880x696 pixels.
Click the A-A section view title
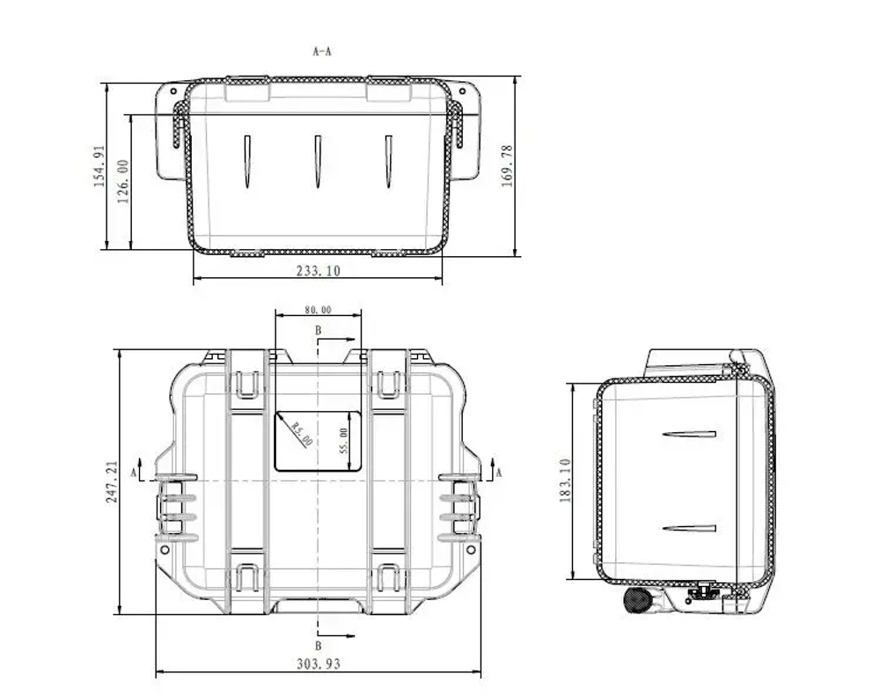coord(322,52)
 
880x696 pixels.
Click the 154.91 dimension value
coord(99,165)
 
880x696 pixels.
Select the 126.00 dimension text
coord(123,180)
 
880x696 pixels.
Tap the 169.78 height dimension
coord(506,165)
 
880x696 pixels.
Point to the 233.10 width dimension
coord(318,272)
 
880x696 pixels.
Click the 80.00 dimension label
coord(318,310)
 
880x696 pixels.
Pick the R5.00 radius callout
coord(302,434)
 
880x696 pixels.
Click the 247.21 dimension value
coord(112,481)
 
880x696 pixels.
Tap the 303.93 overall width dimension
coord(318,664)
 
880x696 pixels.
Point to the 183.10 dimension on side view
coord(565,480)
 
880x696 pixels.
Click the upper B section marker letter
coord(319,329)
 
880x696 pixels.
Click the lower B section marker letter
coord(319,646)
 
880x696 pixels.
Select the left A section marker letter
coord(133,473)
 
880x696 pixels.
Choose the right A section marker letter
coord(499,473)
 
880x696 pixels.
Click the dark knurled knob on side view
coord(635,600)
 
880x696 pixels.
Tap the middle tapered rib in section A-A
coord(317,161)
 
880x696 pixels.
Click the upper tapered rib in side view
coord(689,434)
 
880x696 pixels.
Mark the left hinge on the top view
coord(176,509)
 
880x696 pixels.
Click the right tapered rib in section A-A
coord(387,161)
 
